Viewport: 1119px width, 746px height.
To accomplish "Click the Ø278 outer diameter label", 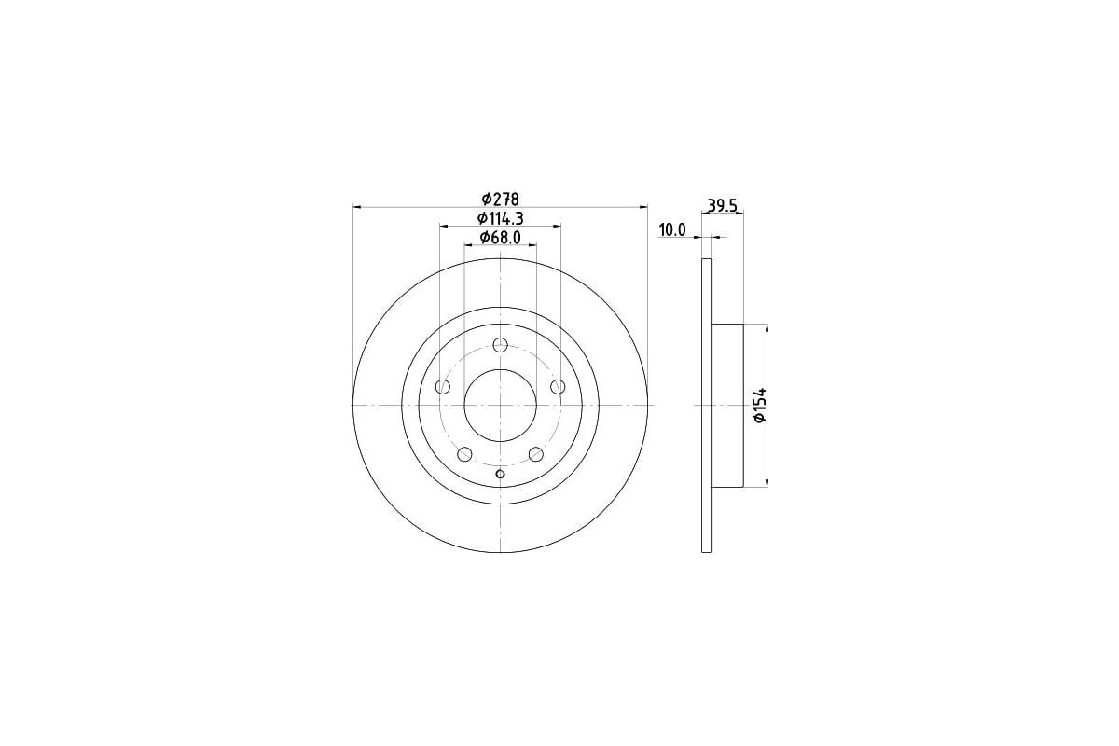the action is (x=500, y=200).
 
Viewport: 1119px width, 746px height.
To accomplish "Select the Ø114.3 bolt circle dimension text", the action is (x=500, y=219).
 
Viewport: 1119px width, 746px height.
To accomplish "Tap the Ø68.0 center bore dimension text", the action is (x=500, y=238).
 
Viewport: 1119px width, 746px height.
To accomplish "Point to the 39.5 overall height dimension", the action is (x=723, y=205).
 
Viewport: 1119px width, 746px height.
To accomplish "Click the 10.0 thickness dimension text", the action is (x=672, y=230).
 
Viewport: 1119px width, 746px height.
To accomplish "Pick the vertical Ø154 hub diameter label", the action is (x=760, y=405).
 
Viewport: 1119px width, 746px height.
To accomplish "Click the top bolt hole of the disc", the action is (x=500, y=345).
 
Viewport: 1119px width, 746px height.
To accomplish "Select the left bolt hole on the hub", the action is (x=443, y=386).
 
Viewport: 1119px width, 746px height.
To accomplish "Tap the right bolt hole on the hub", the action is (x=558, y=386).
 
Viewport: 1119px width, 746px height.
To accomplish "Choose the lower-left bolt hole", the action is (x=464, y=454).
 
